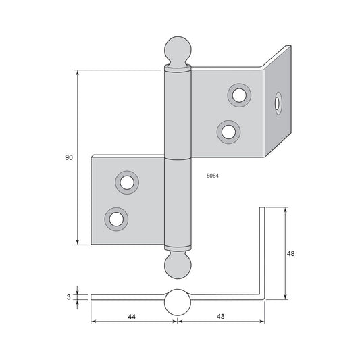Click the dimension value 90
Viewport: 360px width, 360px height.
(69, 157)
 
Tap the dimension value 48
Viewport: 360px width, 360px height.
(290, 253)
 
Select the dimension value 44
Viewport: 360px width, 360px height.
(132, 317)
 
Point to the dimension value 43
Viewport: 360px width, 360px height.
(220, 316)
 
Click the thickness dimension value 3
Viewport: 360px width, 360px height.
(68, 297)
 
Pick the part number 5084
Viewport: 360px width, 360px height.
(213, 176)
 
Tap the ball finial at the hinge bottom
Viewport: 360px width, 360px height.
(178, 265)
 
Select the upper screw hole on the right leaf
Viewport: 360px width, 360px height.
(239, 95)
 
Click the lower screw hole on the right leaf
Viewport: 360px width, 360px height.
(228, 132)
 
